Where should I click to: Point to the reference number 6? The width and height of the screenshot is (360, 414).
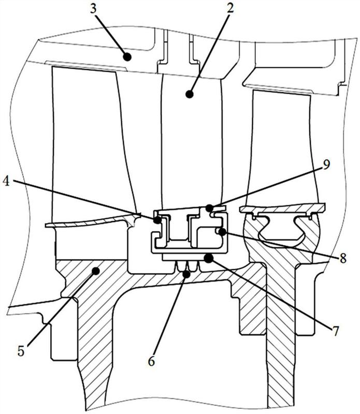tap(152, 361)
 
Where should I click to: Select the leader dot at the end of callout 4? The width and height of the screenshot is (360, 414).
tap(156, 219)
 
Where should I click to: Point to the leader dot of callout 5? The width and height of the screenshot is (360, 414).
tap(96, 270)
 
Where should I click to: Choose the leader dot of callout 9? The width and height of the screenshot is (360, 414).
tap(209, 208)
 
